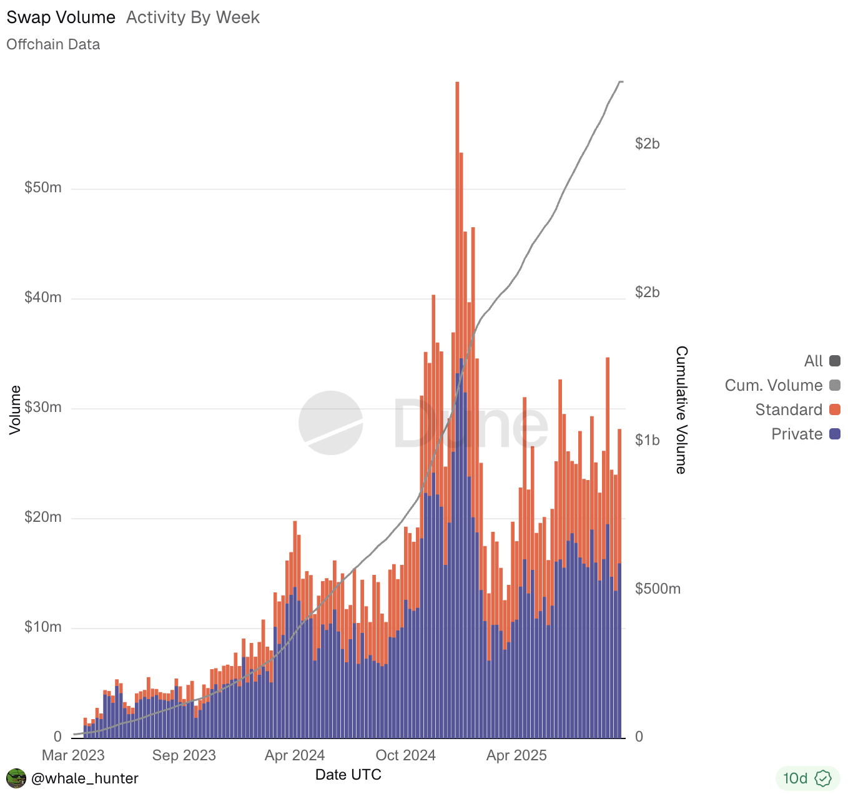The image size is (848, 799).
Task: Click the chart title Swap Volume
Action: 61,17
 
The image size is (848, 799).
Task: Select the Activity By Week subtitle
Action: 192,17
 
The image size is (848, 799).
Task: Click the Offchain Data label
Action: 53,44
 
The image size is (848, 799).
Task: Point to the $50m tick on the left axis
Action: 42,188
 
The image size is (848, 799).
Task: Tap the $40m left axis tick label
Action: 42,298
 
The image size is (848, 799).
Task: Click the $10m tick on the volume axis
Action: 42,627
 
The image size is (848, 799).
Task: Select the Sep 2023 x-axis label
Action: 184,755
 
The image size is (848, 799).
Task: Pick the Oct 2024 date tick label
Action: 405,755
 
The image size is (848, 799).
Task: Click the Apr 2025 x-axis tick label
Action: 516,755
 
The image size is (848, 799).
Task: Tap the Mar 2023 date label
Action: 73,755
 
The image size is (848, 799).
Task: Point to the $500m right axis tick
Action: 658,589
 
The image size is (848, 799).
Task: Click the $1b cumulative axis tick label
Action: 648,441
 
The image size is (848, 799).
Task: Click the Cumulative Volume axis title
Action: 681,410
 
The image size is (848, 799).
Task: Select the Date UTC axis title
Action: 348,775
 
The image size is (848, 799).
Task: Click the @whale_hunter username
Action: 84,778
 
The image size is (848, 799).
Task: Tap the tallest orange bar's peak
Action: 457,83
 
